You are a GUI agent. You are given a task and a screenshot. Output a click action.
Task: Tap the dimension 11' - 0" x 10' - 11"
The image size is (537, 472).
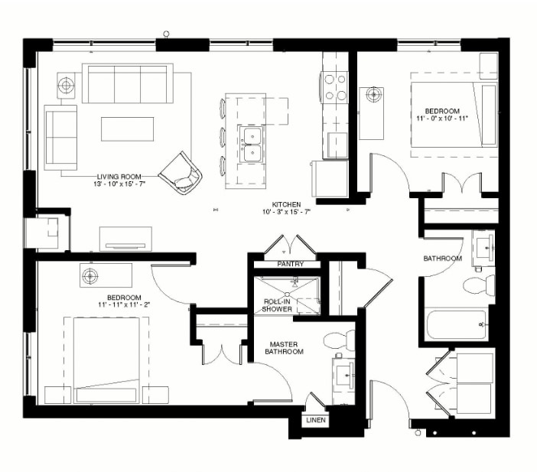pos(444,119)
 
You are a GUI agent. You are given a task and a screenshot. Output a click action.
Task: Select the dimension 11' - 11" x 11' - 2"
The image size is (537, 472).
pos(123,305)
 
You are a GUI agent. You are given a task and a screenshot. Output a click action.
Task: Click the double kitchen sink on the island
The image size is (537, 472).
pos(250,143)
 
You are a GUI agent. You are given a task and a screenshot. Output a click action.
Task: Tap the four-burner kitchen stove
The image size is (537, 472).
pos(336,86)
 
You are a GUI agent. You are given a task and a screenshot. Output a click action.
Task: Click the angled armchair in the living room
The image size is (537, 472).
pos(182,172)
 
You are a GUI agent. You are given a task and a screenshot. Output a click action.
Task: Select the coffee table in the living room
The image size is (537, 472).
pos(127,129)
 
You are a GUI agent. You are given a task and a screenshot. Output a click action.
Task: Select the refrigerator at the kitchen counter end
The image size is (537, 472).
pos(329,178)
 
